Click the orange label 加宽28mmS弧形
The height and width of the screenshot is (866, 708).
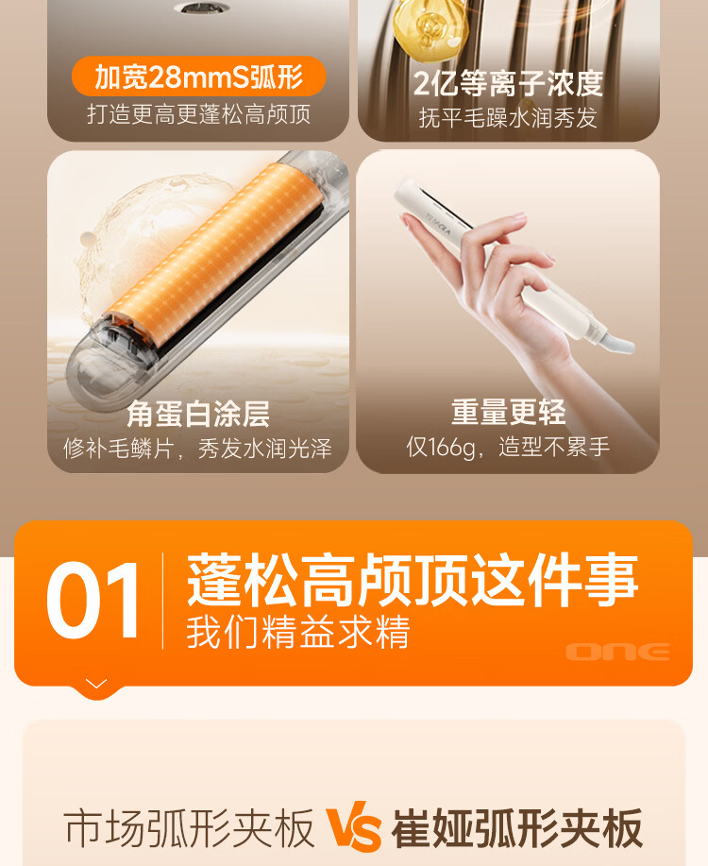198,76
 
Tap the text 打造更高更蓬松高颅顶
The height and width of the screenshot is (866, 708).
199,114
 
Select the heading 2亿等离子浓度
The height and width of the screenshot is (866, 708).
508,83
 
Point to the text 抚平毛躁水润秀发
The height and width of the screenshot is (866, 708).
508,118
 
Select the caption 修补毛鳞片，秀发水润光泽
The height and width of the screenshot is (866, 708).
197,448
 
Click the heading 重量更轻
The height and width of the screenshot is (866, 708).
508,412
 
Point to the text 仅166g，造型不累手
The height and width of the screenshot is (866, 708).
508,447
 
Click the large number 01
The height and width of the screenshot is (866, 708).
93,601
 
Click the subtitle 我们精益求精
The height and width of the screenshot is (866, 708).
298,632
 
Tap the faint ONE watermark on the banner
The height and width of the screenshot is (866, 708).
618,652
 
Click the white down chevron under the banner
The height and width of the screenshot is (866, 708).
96,685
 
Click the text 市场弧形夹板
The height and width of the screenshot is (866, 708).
189,828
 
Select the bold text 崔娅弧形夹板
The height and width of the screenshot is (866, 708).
517,828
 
